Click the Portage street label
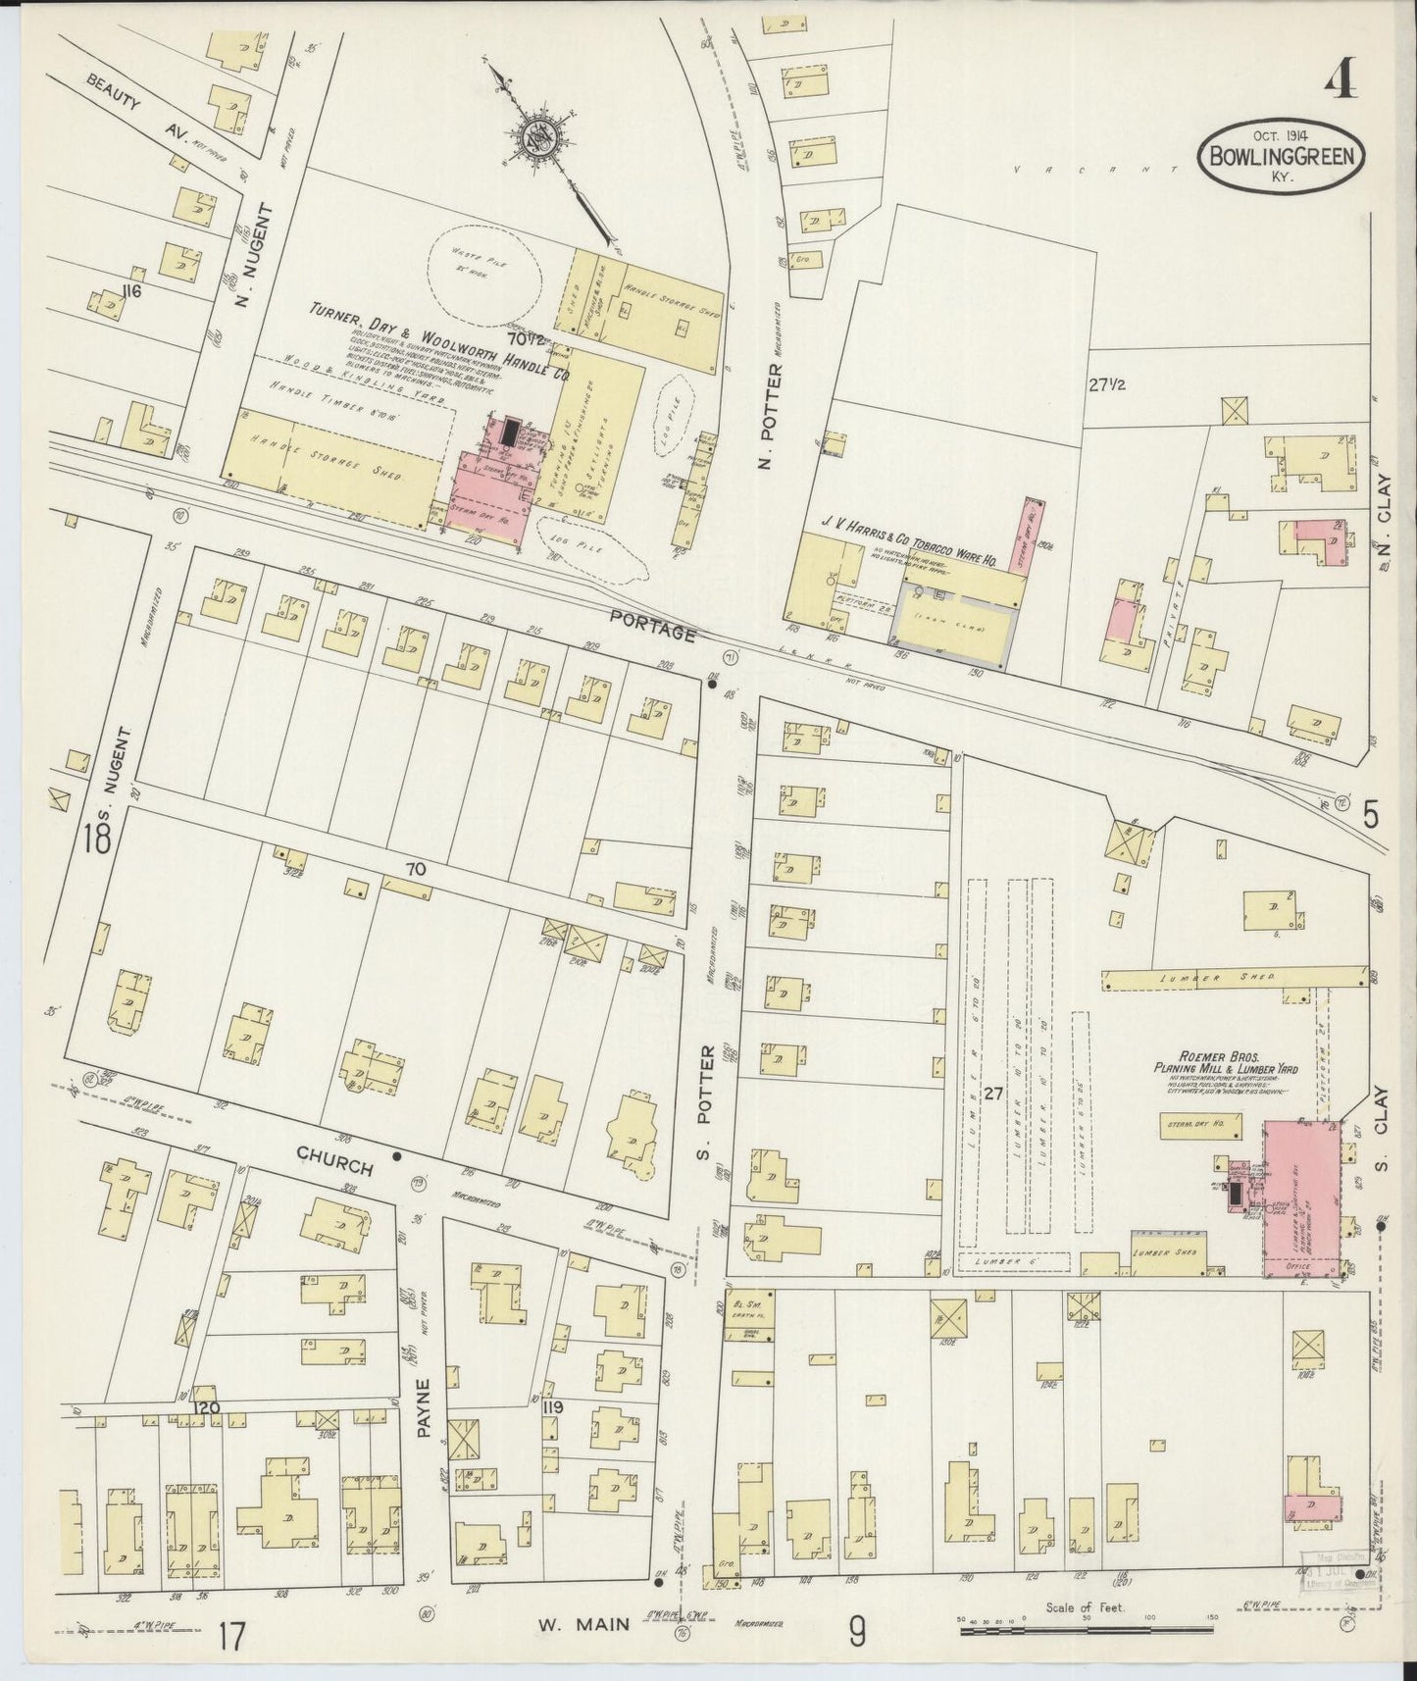point(651,626)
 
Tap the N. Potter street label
point(773,415)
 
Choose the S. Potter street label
point(704,1099)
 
